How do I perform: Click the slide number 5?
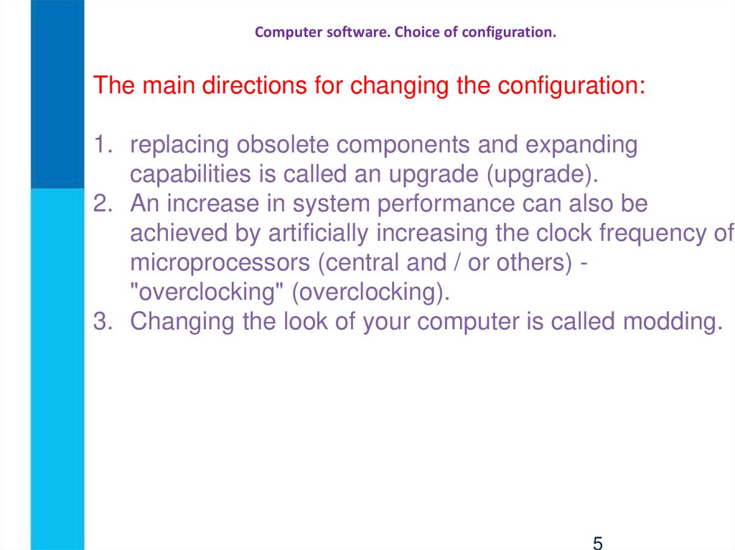[x=597, y=541]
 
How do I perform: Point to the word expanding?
[x=581, y=146]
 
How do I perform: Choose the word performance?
[x=446, y=204]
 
